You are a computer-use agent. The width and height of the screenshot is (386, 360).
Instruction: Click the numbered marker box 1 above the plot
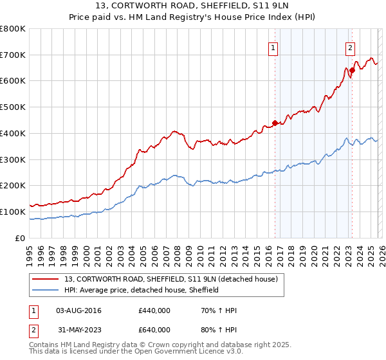coord(273,48)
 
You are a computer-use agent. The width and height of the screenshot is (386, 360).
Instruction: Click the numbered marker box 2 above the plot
coord(350,48)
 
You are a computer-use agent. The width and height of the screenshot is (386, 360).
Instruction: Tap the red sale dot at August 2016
coord(275,122)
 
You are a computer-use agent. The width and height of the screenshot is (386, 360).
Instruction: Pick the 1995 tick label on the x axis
coord(30,251)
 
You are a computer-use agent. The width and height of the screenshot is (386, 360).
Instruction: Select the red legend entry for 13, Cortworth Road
coord(170,279)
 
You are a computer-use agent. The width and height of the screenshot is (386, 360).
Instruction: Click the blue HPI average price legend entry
coord(142,290)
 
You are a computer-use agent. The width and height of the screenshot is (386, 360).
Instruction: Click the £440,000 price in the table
coord(154,310)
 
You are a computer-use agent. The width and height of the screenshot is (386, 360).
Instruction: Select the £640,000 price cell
coord(154,330)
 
